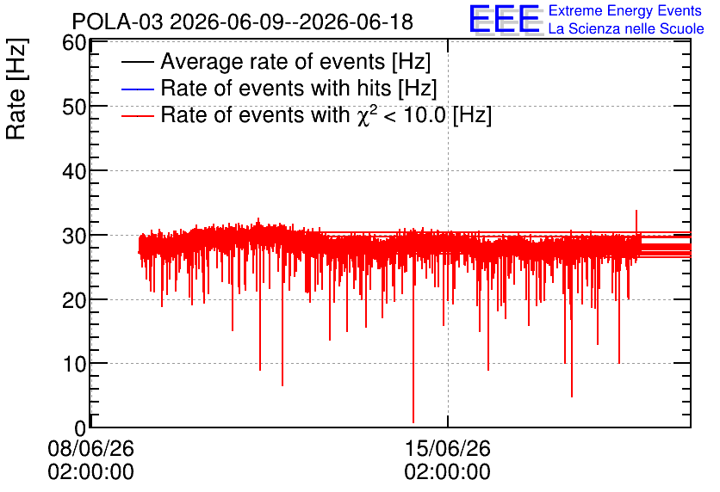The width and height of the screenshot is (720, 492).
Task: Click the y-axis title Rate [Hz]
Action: [16, 89]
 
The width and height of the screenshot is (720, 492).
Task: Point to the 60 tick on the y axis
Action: [74, 43]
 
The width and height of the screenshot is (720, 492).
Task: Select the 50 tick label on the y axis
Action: [74, 107]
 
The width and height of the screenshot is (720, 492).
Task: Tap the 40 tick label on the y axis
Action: [74, 171]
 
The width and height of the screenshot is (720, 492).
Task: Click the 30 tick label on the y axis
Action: [74, 236]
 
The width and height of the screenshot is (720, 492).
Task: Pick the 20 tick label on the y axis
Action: [74, 300]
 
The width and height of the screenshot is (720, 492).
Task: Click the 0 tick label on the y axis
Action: [80, 428]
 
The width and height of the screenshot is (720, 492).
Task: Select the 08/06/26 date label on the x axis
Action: [91, 448]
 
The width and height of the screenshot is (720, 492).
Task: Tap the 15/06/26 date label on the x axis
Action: [448, 448]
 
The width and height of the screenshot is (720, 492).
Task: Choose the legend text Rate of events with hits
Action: [299, 88]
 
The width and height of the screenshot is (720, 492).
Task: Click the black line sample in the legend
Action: [137, 62]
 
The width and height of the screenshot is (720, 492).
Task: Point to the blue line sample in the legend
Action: [137, 89]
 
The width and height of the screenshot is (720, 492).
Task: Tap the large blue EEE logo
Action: [504, 19]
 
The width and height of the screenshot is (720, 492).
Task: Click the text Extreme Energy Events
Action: [625, 10]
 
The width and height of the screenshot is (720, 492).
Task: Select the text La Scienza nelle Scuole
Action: [626, 29]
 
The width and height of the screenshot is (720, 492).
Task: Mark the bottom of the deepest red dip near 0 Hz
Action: [413, 422]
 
